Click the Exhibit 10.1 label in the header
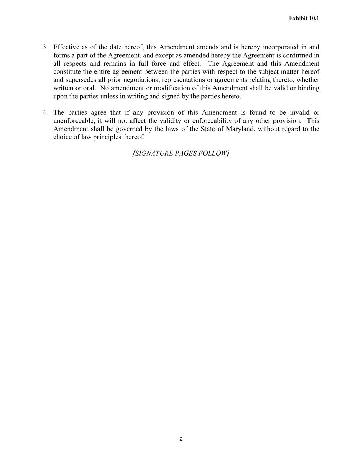tap(304, 18)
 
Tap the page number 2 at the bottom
tap(181, 439)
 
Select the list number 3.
tap(45, 47)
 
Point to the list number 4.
tap(45, 113)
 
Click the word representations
tap(182, 80)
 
